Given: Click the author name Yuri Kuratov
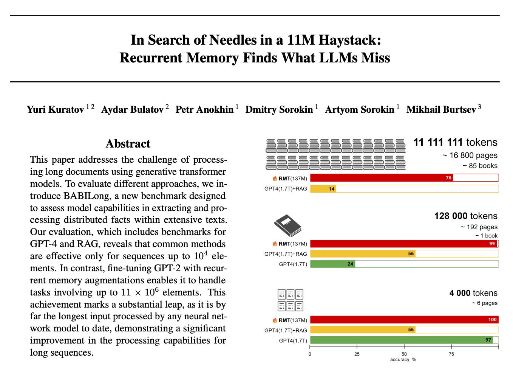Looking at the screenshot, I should click(55, 110).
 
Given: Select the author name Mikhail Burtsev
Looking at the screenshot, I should click(441, 110).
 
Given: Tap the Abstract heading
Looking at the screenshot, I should click(128, 144).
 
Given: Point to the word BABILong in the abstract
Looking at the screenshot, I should click(87, 196).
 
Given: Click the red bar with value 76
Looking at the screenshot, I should click(381, 178).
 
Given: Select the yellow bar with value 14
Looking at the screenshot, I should click(323, 189).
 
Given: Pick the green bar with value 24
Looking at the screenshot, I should click(332, 264).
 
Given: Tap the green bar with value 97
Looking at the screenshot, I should click(401, 340).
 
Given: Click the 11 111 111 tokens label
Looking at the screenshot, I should click(455, 143).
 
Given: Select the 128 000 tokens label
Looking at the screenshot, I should click(465, 216).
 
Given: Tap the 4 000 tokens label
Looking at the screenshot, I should click(473, 293).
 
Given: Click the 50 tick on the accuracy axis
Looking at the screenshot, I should click(404, 354).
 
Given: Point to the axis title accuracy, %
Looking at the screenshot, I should click(403, 360).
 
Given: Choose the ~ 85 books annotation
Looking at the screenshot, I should click(480, 166).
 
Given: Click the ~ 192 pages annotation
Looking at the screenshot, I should click(479, 227).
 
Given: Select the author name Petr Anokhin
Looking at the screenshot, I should click(204, 110).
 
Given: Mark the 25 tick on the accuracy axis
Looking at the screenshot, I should click(357, 354).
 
